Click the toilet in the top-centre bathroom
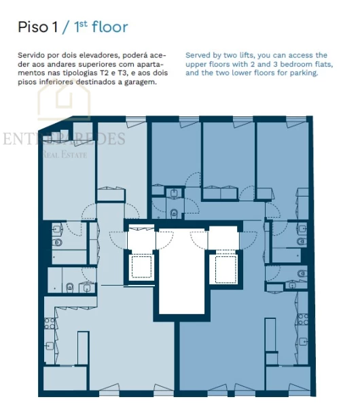point(175,213)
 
